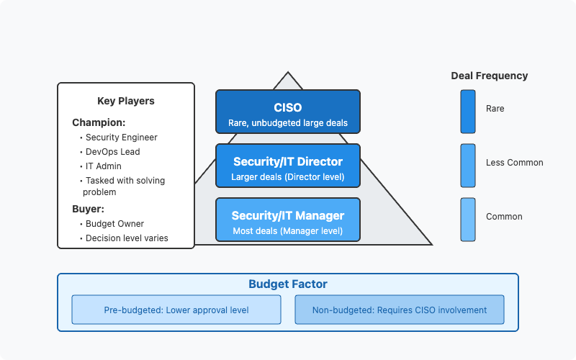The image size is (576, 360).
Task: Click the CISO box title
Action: click(287, 107)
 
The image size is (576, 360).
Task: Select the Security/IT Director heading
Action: click(287, 161)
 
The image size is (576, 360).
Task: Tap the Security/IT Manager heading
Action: click(287, 215)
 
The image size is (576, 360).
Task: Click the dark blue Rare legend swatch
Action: click(468, 112)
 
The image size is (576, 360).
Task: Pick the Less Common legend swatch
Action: click(468, 166)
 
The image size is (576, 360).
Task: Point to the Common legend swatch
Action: click(468, 220)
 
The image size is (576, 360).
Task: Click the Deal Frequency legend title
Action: click(490, 76)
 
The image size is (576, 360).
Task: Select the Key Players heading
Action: click(125, 101)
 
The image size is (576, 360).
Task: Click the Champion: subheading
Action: click(99, 122)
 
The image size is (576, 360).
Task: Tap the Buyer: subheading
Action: click(88, 209)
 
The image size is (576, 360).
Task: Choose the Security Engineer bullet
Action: click(121, 138)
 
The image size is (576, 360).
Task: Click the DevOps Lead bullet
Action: click(112, 152)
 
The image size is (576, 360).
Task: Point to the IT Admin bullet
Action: click(103, 166)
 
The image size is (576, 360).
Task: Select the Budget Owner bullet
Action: click(114, 224)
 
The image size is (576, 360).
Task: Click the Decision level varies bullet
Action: click(127, 238)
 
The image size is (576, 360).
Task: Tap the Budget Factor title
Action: click(287, 284)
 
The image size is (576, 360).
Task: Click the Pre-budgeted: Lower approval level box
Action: click(176, 310)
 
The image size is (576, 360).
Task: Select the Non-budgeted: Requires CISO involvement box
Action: click(400, 310)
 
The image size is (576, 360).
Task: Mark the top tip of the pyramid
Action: click(288, 72)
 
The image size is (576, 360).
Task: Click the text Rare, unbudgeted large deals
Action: click(287, 122)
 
